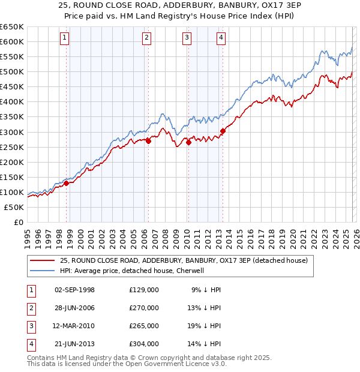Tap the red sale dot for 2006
(x=148, y=142)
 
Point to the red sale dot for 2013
(x=223, y=131)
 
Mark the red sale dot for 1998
(x=67, y=184)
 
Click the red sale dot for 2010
(x=188, y=142)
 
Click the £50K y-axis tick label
(x=14, y=207)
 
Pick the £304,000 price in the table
(x=143, y=344)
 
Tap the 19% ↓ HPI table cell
(x=205, y=326)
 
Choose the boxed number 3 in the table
(x=31, y=326)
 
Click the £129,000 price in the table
(x=143, y=290)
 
